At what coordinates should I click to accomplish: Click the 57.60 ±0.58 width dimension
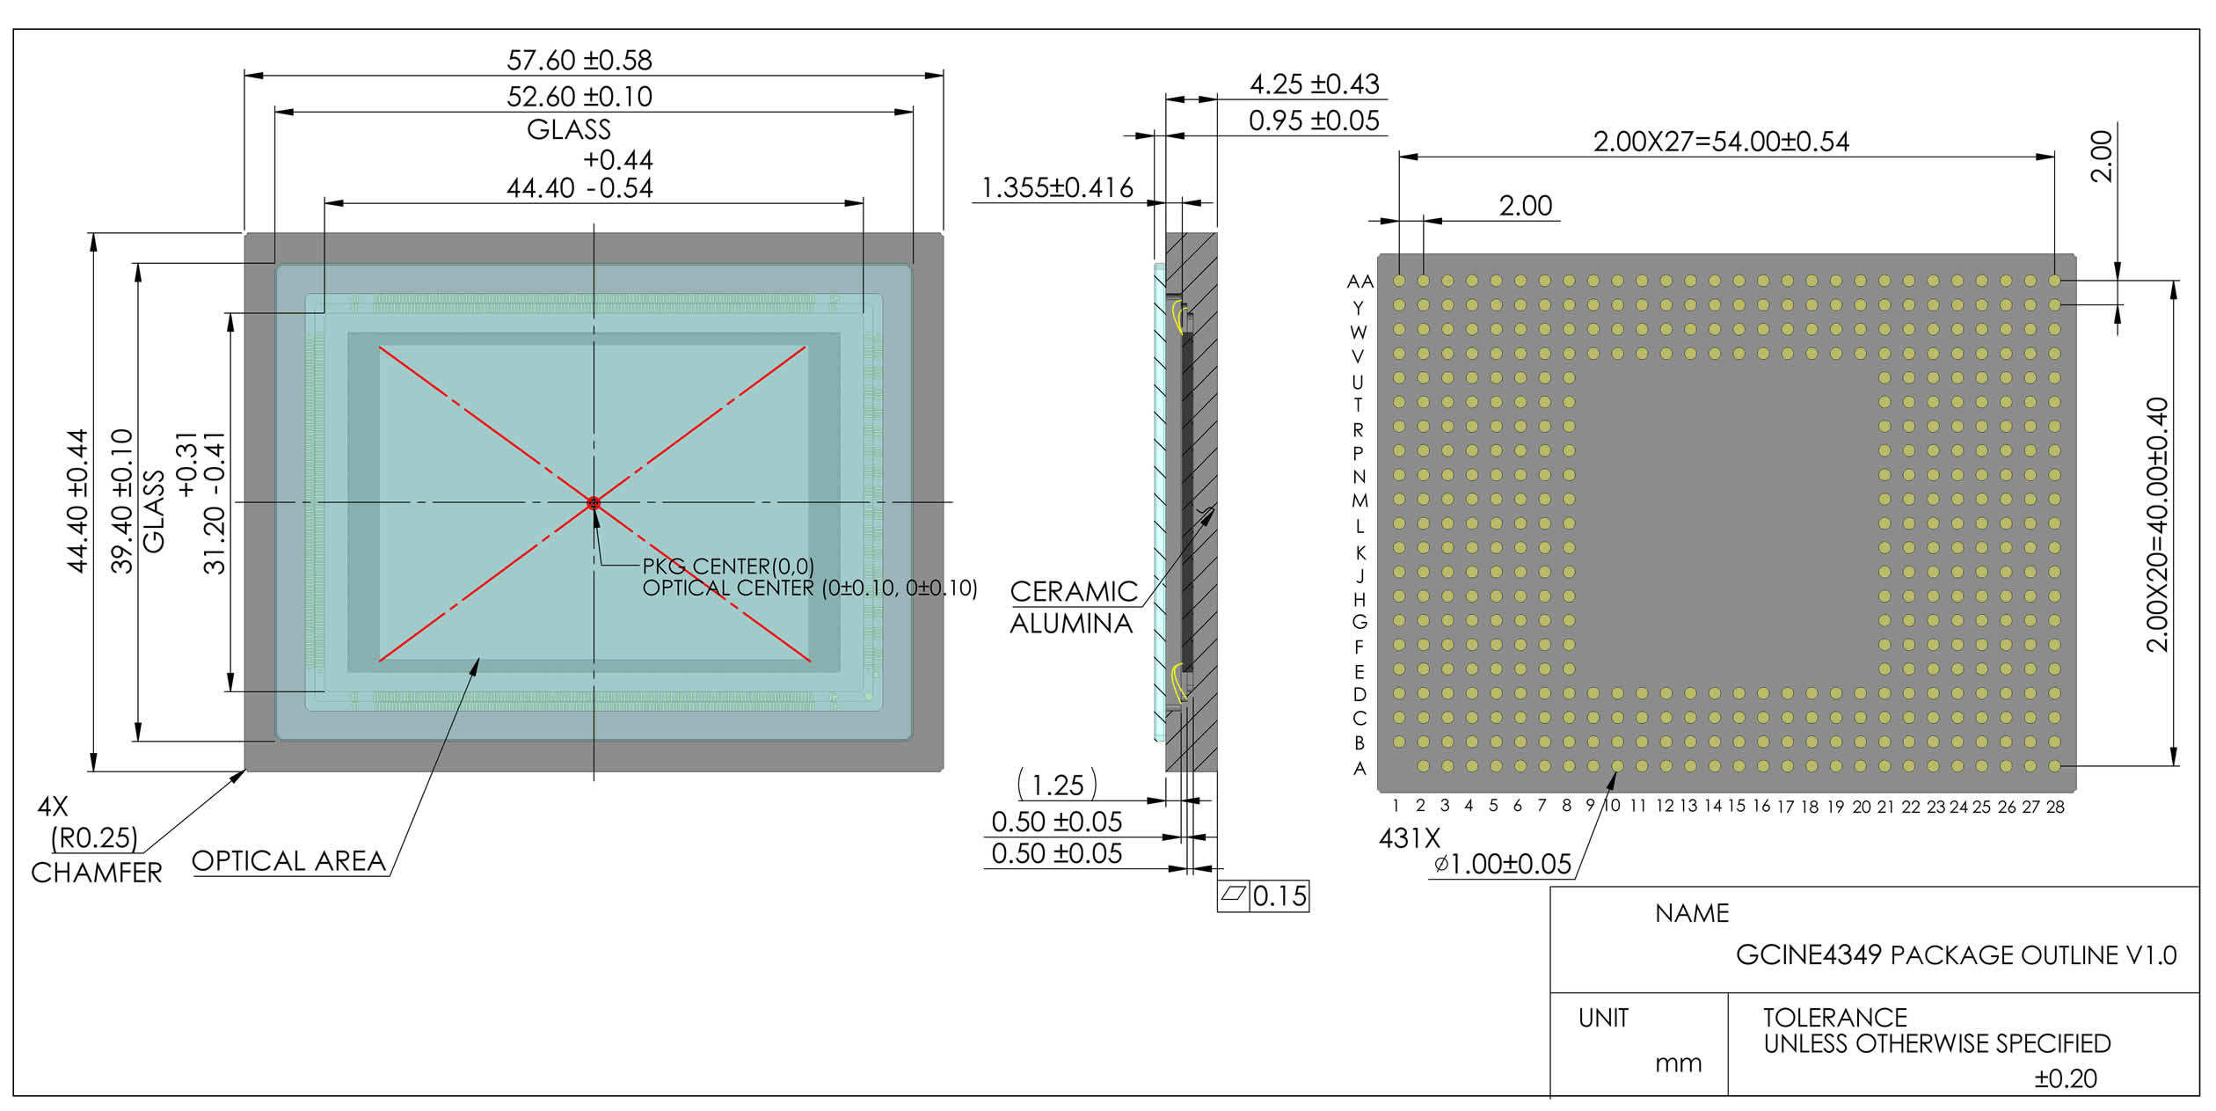[580, 60]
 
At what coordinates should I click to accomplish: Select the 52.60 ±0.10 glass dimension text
[580, 96]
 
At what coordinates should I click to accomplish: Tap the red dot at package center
[594, 503]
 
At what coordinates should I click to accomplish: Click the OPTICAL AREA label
[288, 860]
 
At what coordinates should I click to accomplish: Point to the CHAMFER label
[97, 873]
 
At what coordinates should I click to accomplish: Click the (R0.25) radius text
[95, 837]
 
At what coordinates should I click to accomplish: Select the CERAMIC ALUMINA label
[1074, 607]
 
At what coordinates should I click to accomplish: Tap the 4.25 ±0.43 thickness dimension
[1315, 84]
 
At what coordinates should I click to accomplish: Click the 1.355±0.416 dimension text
[1057, 187]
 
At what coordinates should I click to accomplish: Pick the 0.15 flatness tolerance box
[1263, 895]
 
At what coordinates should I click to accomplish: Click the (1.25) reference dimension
[1057, 785]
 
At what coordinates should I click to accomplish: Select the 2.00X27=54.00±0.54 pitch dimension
[1721, 142]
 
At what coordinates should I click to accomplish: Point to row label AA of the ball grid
[1359, 281]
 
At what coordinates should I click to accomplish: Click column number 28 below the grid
[2055, 807]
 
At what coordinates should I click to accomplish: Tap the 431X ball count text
[1410, 838]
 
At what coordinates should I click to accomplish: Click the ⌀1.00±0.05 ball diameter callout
[1503, 864]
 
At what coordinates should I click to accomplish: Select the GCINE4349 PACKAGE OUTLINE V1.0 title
[1956, 955]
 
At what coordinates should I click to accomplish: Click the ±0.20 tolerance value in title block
[2066, 1078]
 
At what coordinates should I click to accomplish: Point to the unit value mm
[1678, 1064]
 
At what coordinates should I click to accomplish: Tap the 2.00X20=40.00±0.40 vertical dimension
[2157, 524]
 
